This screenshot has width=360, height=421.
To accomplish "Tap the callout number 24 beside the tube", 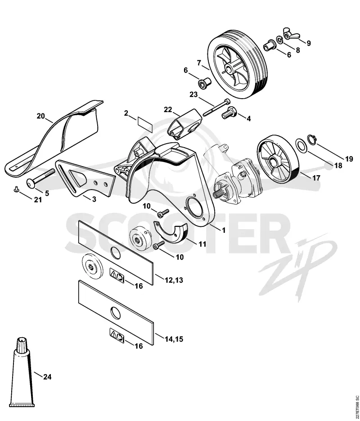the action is pyautogui.click(x=47, y=377).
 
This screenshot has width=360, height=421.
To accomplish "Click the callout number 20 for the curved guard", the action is pyautogui.click(x=40, y=116).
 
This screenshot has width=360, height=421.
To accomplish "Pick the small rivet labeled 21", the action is pyautogui.click(x=16, y=190).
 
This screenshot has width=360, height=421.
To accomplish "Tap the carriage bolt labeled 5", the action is pyautogui.click(x=40, y=177).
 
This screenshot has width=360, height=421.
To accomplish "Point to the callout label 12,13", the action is pyautogui.click(x=174, y=280).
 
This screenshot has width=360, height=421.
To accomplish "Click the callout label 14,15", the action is pyautogui.click(x=174, y=339).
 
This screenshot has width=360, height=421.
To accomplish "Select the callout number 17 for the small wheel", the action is pyautogui.click(x=316, y=178).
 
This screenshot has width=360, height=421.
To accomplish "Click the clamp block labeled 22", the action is pyautogui.click(x=184, y=124).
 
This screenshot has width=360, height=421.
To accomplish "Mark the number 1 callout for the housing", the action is pyautogui.click(x=224, y=230).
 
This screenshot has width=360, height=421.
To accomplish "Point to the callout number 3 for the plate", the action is pyautogui.click(x=94, y=199).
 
